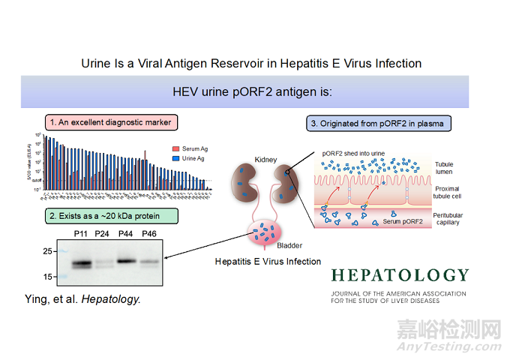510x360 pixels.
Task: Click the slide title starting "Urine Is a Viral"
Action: tap(251, 64)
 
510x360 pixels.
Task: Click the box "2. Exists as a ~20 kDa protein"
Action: tap(112, 217)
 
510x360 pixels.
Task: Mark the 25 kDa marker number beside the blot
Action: tap(46, 250)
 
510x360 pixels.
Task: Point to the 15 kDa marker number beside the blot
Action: tap(46, 277)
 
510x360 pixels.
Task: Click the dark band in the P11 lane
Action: tap(80, 264)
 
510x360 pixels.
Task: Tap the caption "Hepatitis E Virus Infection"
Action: tap(268, 261)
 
